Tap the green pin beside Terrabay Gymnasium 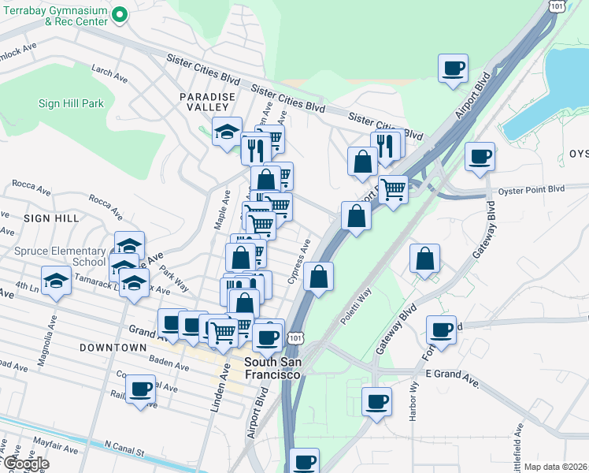(x=120, y=14)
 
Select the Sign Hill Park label (x=71, y=103)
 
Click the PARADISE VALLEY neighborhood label (x=207, y=102)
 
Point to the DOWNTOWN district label (x=113, y=347)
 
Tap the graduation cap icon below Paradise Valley (x=228, y=131)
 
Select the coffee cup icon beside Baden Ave (x=141, y=389)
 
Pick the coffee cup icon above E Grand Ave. (x=442, y=329)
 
